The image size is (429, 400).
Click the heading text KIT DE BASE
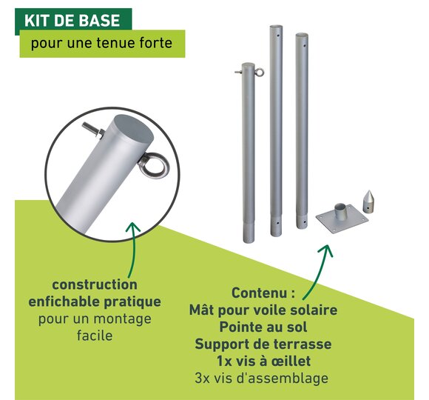pyautogui.click(x=72, y=21)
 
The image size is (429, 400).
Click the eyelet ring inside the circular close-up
pyautogui.click(x=155, y=165)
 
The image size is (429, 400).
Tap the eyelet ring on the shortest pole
pyautogui.click(x=259, y=72)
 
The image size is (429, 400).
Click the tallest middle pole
pyautogui.click(x=276, y=130)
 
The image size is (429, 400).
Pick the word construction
pyautogui.click(x=95, y=284)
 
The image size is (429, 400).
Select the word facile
pyautogui.click(x=95, y=336)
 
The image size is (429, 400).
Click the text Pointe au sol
pyautogui.click(x=263, y=327)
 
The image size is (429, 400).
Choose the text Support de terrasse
pyautogui.click(x=263, y=344)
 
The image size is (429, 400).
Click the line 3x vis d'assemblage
pyautogui.click(x=262, y=378)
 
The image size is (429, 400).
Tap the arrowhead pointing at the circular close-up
pyautogui.click(x=133, y=227)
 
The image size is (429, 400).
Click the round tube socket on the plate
pyautogui.click(x=340, y=212)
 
